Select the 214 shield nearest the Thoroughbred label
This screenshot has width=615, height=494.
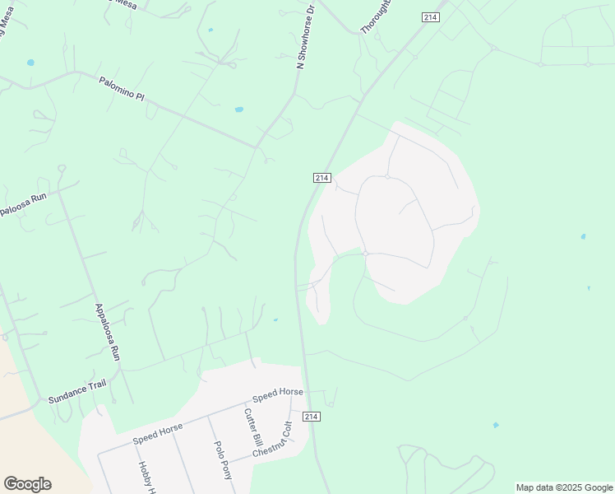coord(431,16)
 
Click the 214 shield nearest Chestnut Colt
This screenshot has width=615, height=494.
coord(311,417)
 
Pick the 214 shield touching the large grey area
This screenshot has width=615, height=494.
coord(321,177)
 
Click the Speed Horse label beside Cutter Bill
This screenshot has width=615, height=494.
coord(278,394)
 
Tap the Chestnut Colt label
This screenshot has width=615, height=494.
coord(273,441)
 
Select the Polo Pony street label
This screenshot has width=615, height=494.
coord(222,459)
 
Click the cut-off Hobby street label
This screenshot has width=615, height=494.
coord(146,478)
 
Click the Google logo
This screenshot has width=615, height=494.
coord(27,484)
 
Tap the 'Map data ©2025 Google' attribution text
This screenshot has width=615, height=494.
coord(563,487)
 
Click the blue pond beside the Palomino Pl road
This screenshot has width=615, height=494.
coord(239,109)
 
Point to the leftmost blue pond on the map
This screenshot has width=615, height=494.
coord(30,62)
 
